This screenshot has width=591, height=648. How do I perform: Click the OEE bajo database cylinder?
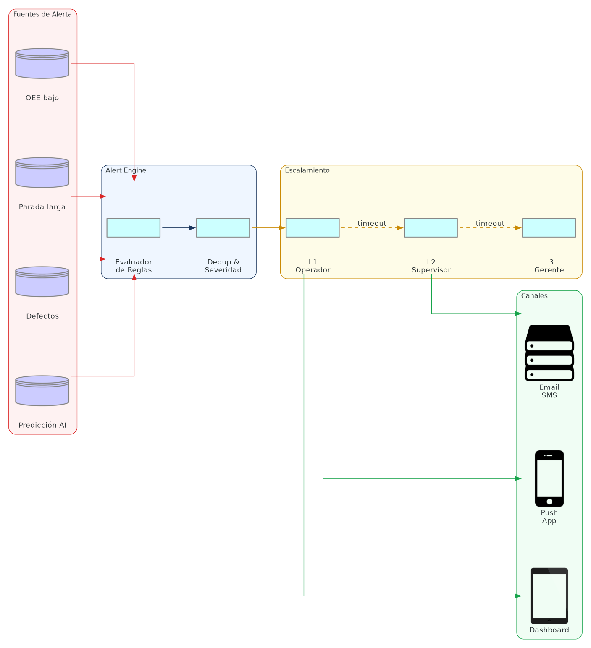point(42,63)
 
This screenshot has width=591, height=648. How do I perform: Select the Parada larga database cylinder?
point(42,172)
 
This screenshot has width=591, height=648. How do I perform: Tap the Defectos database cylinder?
point(42,282)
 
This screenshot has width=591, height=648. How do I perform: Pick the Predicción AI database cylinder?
point(42,391)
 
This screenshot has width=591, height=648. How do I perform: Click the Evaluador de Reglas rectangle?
point(133,228)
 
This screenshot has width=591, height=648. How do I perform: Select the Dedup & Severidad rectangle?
point(223,228)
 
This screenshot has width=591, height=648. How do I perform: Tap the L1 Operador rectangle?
point(313,228)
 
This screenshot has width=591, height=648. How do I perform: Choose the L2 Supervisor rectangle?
point(431,228)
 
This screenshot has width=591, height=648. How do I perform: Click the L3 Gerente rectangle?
point(549,228)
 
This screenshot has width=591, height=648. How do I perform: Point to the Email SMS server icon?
point(549,353)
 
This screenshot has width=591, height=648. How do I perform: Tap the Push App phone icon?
point(549,478)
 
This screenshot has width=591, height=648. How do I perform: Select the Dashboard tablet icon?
point(549,596)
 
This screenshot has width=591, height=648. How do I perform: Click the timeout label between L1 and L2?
point(372,223)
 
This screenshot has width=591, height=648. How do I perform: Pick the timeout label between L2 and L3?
point(490,223)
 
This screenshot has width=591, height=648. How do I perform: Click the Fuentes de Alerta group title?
point(42,14)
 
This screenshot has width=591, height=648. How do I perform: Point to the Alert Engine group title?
point(126,170)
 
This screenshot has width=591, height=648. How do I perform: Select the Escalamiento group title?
point(307,170)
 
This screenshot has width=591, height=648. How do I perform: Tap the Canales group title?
point(534,296)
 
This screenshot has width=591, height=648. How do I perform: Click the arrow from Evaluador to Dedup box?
point(179,228)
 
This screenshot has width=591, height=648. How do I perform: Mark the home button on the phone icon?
point(549,502)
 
